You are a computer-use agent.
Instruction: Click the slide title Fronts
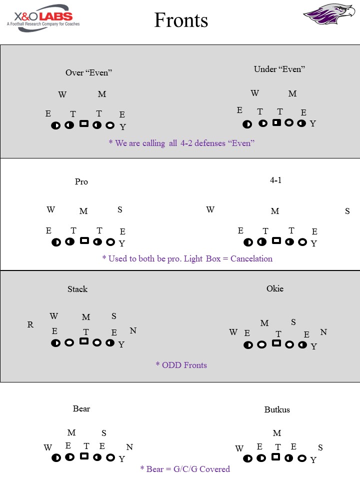point(181,20)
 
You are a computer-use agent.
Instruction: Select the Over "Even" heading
point(88,72)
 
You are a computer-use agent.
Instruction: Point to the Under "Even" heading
point(279,69)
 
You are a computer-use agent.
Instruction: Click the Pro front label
point(81,181)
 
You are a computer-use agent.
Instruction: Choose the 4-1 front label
point(275,180)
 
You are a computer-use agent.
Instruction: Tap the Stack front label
point(77,289)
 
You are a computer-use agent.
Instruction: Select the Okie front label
point(275,288)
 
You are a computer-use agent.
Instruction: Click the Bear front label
point(81,408)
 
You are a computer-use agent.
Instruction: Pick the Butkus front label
point(277,409)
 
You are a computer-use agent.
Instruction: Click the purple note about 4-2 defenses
point(181,143)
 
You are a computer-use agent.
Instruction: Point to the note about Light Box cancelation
point(187,258)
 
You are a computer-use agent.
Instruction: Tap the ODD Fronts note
point(181,365)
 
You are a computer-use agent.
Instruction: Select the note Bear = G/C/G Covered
point(185,469)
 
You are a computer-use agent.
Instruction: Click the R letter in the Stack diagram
point(30,325)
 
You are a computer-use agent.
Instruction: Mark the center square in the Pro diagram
point(84,241)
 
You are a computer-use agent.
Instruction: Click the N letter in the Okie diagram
point(323,332)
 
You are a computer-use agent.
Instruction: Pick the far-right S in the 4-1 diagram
point(347,211)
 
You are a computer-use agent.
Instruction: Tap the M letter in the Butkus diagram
point(277,433)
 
